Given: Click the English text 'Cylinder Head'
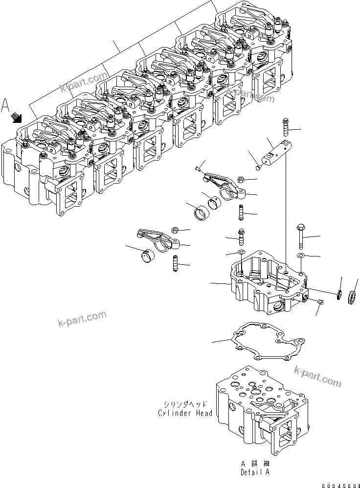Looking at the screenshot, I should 185,413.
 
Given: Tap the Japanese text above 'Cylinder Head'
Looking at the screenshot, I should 185,405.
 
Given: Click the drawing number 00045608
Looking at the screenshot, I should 339,484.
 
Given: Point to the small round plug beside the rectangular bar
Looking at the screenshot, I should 259,168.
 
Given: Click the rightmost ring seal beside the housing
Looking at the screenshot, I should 351,298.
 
